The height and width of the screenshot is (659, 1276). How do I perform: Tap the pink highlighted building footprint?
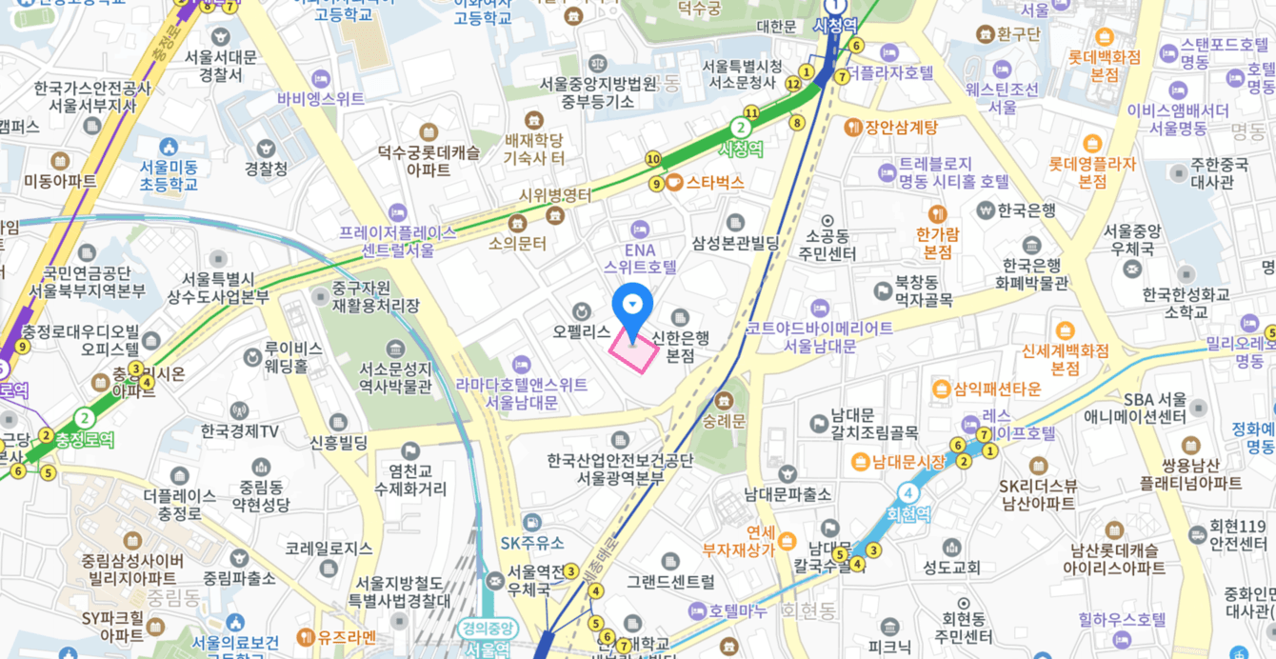634,351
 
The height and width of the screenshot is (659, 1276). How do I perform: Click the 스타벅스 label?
714,182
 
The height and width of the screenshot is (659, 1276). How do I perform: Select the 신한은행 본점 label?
680,346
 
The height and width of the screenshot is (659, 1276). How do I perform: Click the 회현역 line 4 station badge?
909,492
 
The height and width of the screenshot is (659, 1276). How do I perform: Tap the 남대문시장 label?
908,462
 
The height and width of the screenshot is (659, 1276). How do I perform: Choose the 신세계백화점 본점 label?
1066,359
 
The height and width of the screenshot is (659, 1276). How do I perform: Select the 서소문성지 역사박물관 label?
395,377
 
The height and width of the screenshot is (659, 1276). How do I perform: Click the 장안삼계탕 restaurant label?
901,127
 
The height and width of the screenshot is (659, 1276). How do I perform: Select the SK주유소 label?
532,543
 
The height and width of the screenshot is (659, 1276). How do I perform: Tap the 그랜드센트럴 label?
670,581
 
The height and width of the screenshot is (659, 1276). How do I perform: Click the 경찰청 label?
266,169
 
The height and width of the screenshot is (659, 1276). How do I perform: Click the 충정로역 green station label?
85,440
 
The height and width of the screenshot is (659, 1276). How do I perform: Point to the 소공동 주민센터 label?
827,245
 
